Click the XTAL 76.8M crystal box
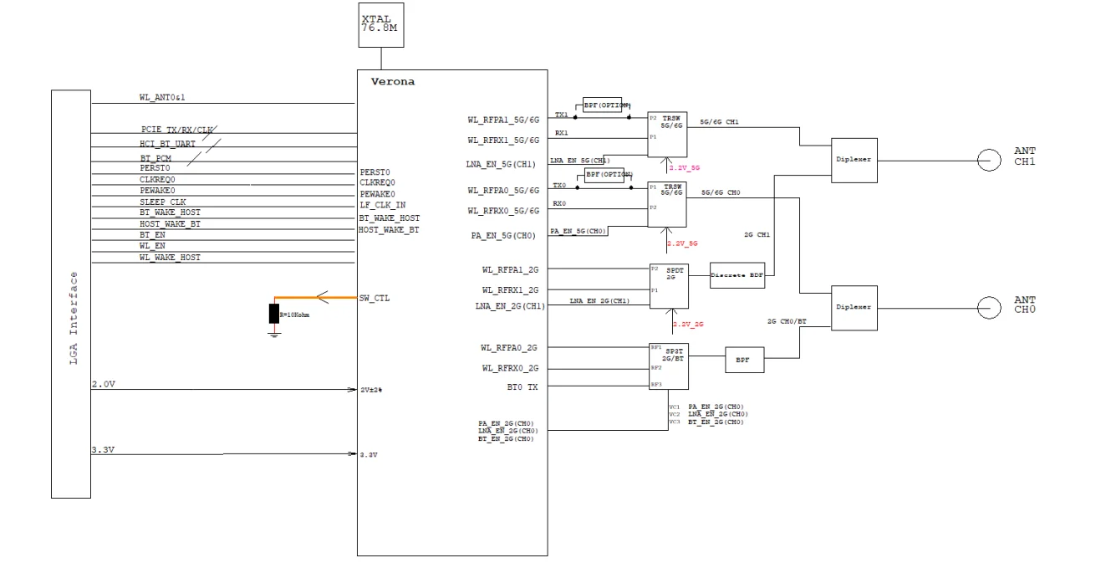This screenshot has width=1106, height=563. (382, 24)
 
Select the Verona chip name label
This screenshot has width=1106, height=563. (392, 82)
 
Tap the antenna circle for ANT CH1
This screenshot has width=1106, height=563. (989, 160)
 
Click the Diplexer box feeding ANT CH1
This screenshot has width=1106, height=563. (854, 160)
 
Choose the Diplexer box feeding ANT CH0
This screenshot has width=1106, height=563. (854, 307)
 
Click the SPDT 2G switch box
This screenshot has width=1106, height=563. (668, 285)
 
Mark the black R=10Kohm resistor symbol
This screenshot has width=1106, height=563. (274, 315)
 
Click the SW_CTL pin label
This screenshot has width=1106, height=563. (374, 298)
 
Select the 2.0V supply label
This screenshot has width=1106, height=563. (103, 384)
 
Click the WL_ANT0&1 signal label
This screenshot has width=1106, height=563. (161, 98)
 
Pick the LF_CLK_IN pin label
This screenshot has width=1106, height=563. (382, 204)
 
